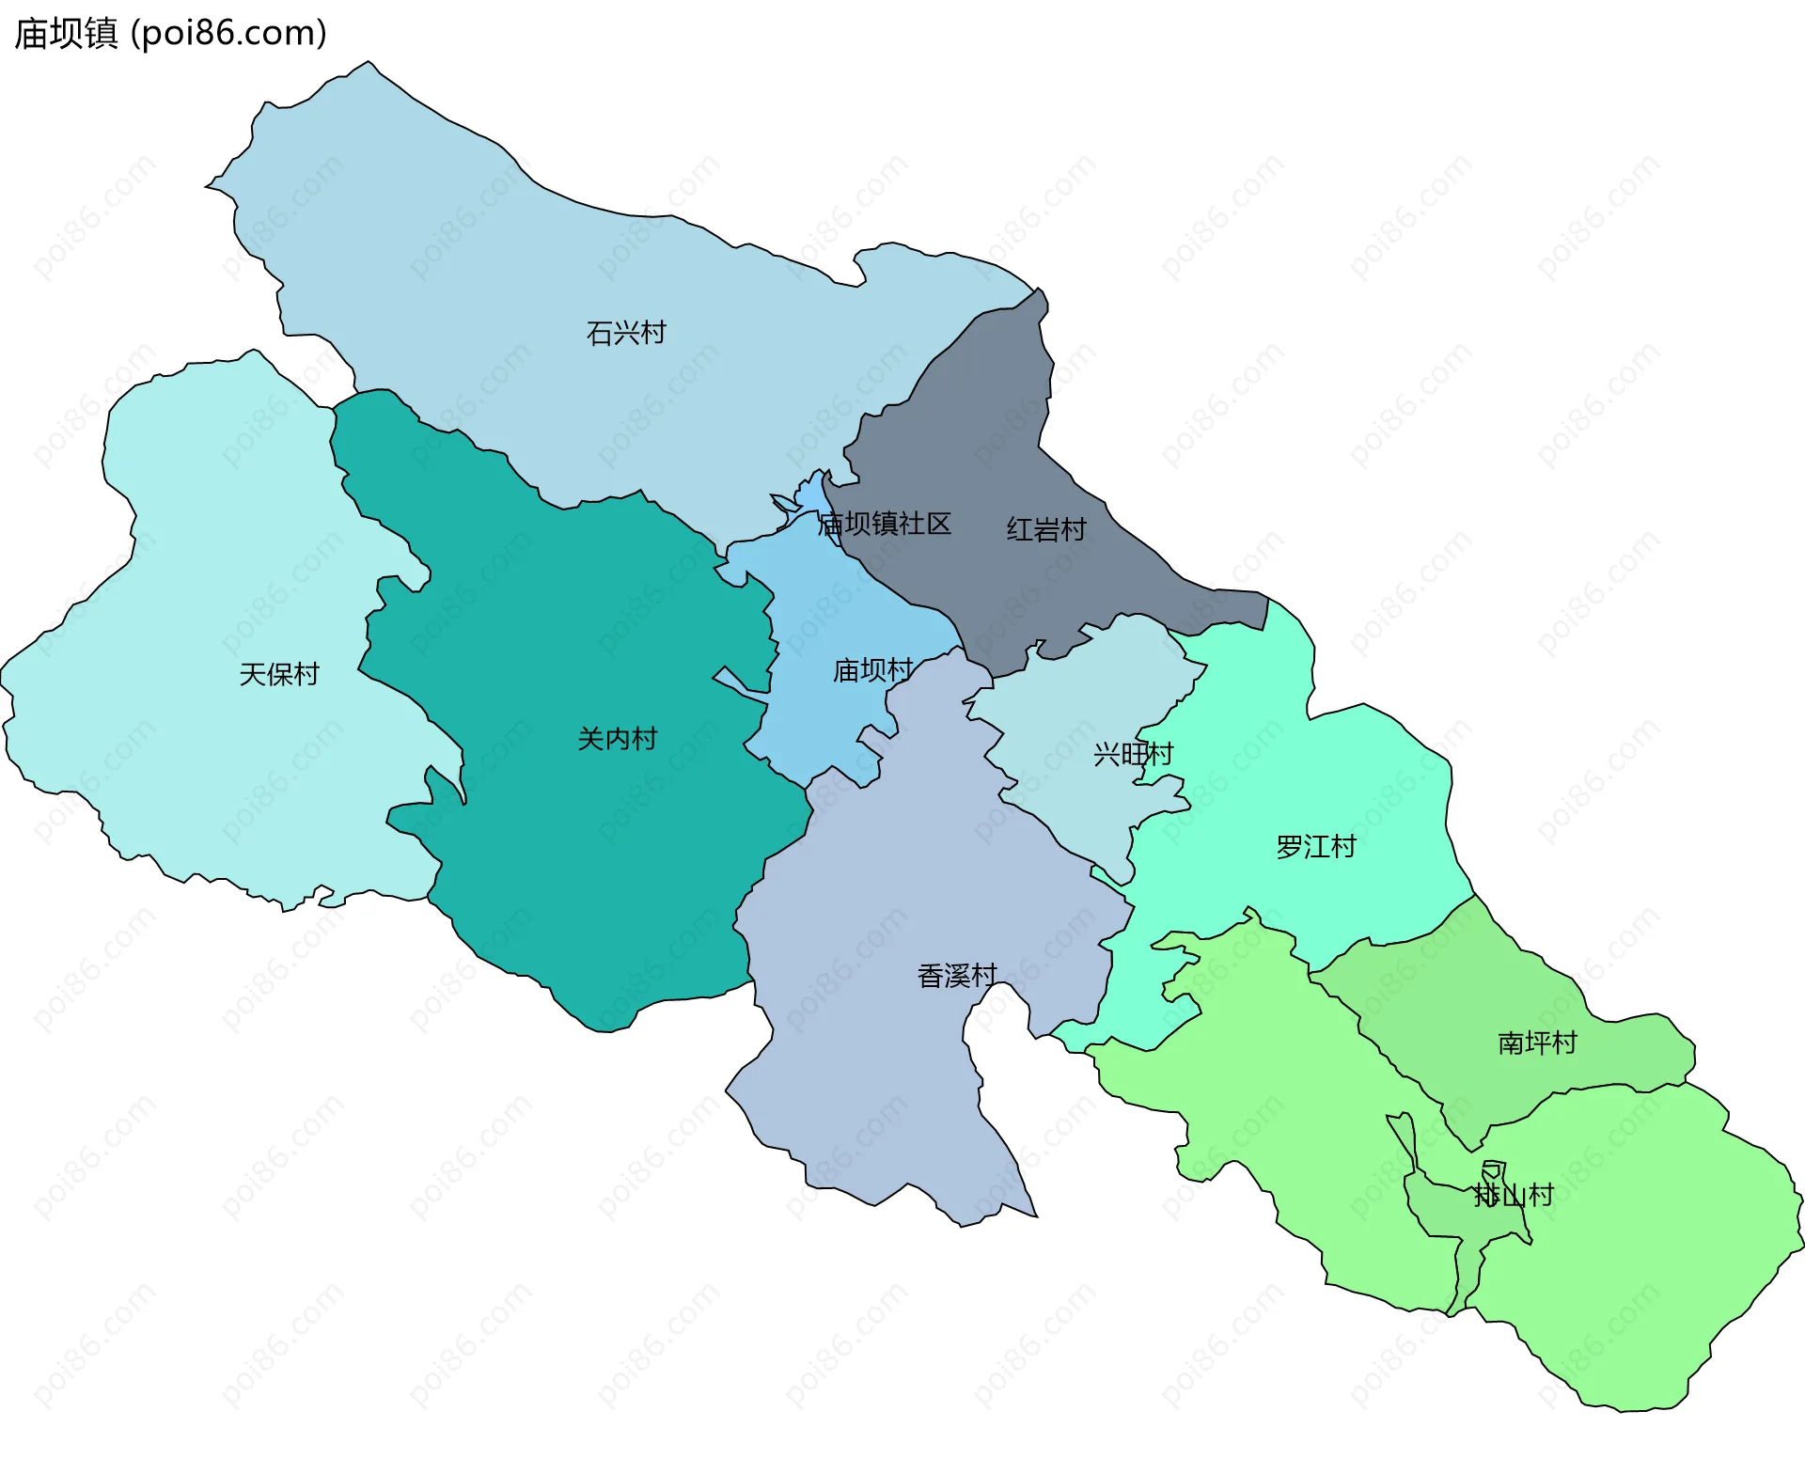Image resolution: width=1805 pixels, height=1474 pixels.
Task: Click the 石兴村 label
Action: pyautogui.click(x=626, y=333)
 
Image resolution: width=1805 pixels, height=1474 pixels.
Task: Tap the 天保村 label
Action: pyautogui.click(x=279, y=674)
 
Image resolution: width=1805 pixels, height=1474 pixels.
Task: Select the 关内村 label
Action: pyautogui.click(x=617, y=739)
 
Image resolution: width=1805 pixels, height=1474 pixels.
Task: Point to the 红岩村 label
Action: pyautogui.click(x=1046, y=529)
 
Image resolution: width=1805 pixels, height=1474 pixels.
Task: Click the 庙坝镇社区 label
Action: pyautogui.click(x=885, y=524)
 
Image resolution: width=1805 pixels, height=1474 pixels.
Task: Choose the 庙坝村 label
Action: pyautogui.click(x=872, y=670)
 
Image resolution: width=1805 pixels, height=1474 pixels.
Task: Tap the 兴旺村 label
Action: pyautogui.click(x=1133, y=754)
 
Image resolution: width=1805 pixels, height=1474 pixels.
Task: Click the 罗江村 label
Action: pyautogui.click(x=1316, y=847)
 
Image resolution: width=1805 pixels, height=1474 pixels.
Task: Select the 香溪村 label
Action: pyautogui.click(x=957, y=976)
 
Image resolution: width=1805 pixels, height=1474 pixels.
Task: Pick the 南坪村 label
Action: pyautogui.click(x=1537, y=1043)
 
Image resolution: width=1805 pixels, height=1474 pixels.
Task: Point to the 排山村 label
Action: pyautogui.click(x=1514, y=1196)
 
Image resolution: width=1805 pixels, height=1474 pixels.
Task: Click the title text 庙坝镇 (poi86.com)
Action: pyautogui.click(x=170, y=33)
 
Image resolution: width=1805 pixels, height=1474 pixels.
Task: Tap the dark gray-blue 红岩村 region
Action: pyautogui.click(x=978, y=423)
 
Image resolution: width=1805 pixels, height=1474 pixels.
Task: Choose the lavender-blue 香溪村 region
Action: pyautogui.click(x=874, y=1081)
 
